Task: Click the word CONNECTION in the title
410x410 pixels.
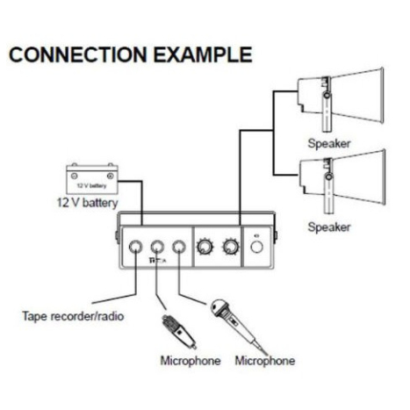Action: [78, 54]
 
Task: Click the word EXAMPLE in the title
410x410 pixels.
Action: [203, 54]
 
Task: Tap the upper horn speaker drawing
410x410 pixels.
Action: [341, 99]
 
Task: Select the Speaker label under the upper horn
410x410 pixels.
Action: [329, 143]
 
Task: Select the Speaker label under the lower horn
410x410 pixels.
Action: [329, 227]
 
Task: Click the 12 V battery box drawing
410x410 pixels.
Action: [92, 179]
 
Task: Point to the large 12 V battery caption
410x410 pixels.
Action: [87, 203]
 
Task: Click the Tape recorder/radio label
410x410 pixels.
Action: [73, 316]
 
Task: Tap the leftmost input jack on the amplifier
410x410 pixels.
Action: [135, 247]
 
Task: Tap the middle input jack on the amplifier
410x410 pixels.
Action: [157, 247]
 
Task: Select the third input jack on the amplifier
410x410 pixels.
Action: [179, 247]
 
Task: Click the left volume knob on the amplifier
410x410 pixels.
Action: [204, 247]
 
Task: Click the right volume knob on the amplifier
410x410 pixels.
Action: [231, 247]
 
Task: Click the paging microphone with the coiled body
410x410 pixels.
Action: [179, 331]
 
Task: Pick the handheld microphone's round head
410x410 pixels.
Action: [219, 308]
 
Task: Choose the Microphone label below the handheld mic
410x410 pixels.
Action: [265, 361]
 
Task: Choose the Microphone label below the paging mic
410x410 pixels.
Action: [191, 361]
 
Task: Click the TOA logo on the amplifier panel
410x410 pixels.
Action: [157, 260]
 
